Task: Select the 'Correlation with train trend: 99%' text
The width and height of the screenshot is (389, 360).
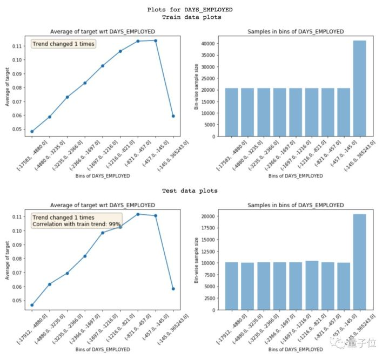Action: click(76, 224)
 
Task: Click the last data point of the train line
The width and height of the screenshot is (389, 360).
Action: click(173, 116)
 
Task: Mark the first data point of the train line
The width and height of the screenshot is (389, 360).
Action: click(32, 131)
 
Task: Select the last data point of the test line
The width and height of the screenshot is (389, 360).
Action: click(173, 289)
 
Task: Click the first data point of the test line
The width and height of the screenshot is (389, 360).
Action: click(32, 305)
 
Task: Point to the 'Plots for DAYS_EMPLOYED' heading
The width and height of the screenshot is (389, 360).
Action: click(194, 9)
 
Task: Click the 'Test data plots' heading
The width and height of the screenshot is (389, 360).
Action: click(194, 191)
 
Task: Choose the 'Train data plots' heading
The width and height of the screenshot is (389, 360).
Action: click(194, 17)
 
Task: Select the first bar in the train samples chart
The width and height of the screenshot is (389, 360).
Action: click(231, 112)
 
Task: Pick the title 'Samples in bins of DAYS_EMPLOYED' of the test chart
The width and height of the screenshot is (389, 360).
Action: click(296, 205)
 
